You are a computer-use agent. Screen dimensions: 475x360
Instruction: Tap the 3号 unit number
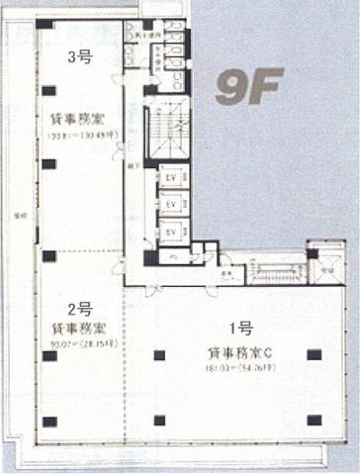(78, 57)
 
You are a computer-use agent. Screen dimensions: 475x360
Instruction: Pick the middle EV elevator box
(171, 205)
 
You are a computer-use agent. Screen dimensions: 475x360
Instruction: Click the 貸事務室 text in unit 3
(78, 121)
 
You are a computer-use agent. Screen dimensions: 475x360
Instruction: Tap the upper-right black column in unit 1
(314, 353)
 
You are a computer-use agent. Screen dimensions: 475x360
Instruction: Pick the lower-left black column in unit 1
(159, 420)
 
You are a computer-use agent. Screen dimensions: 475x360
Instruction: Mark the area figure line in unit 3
(79, 137)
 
